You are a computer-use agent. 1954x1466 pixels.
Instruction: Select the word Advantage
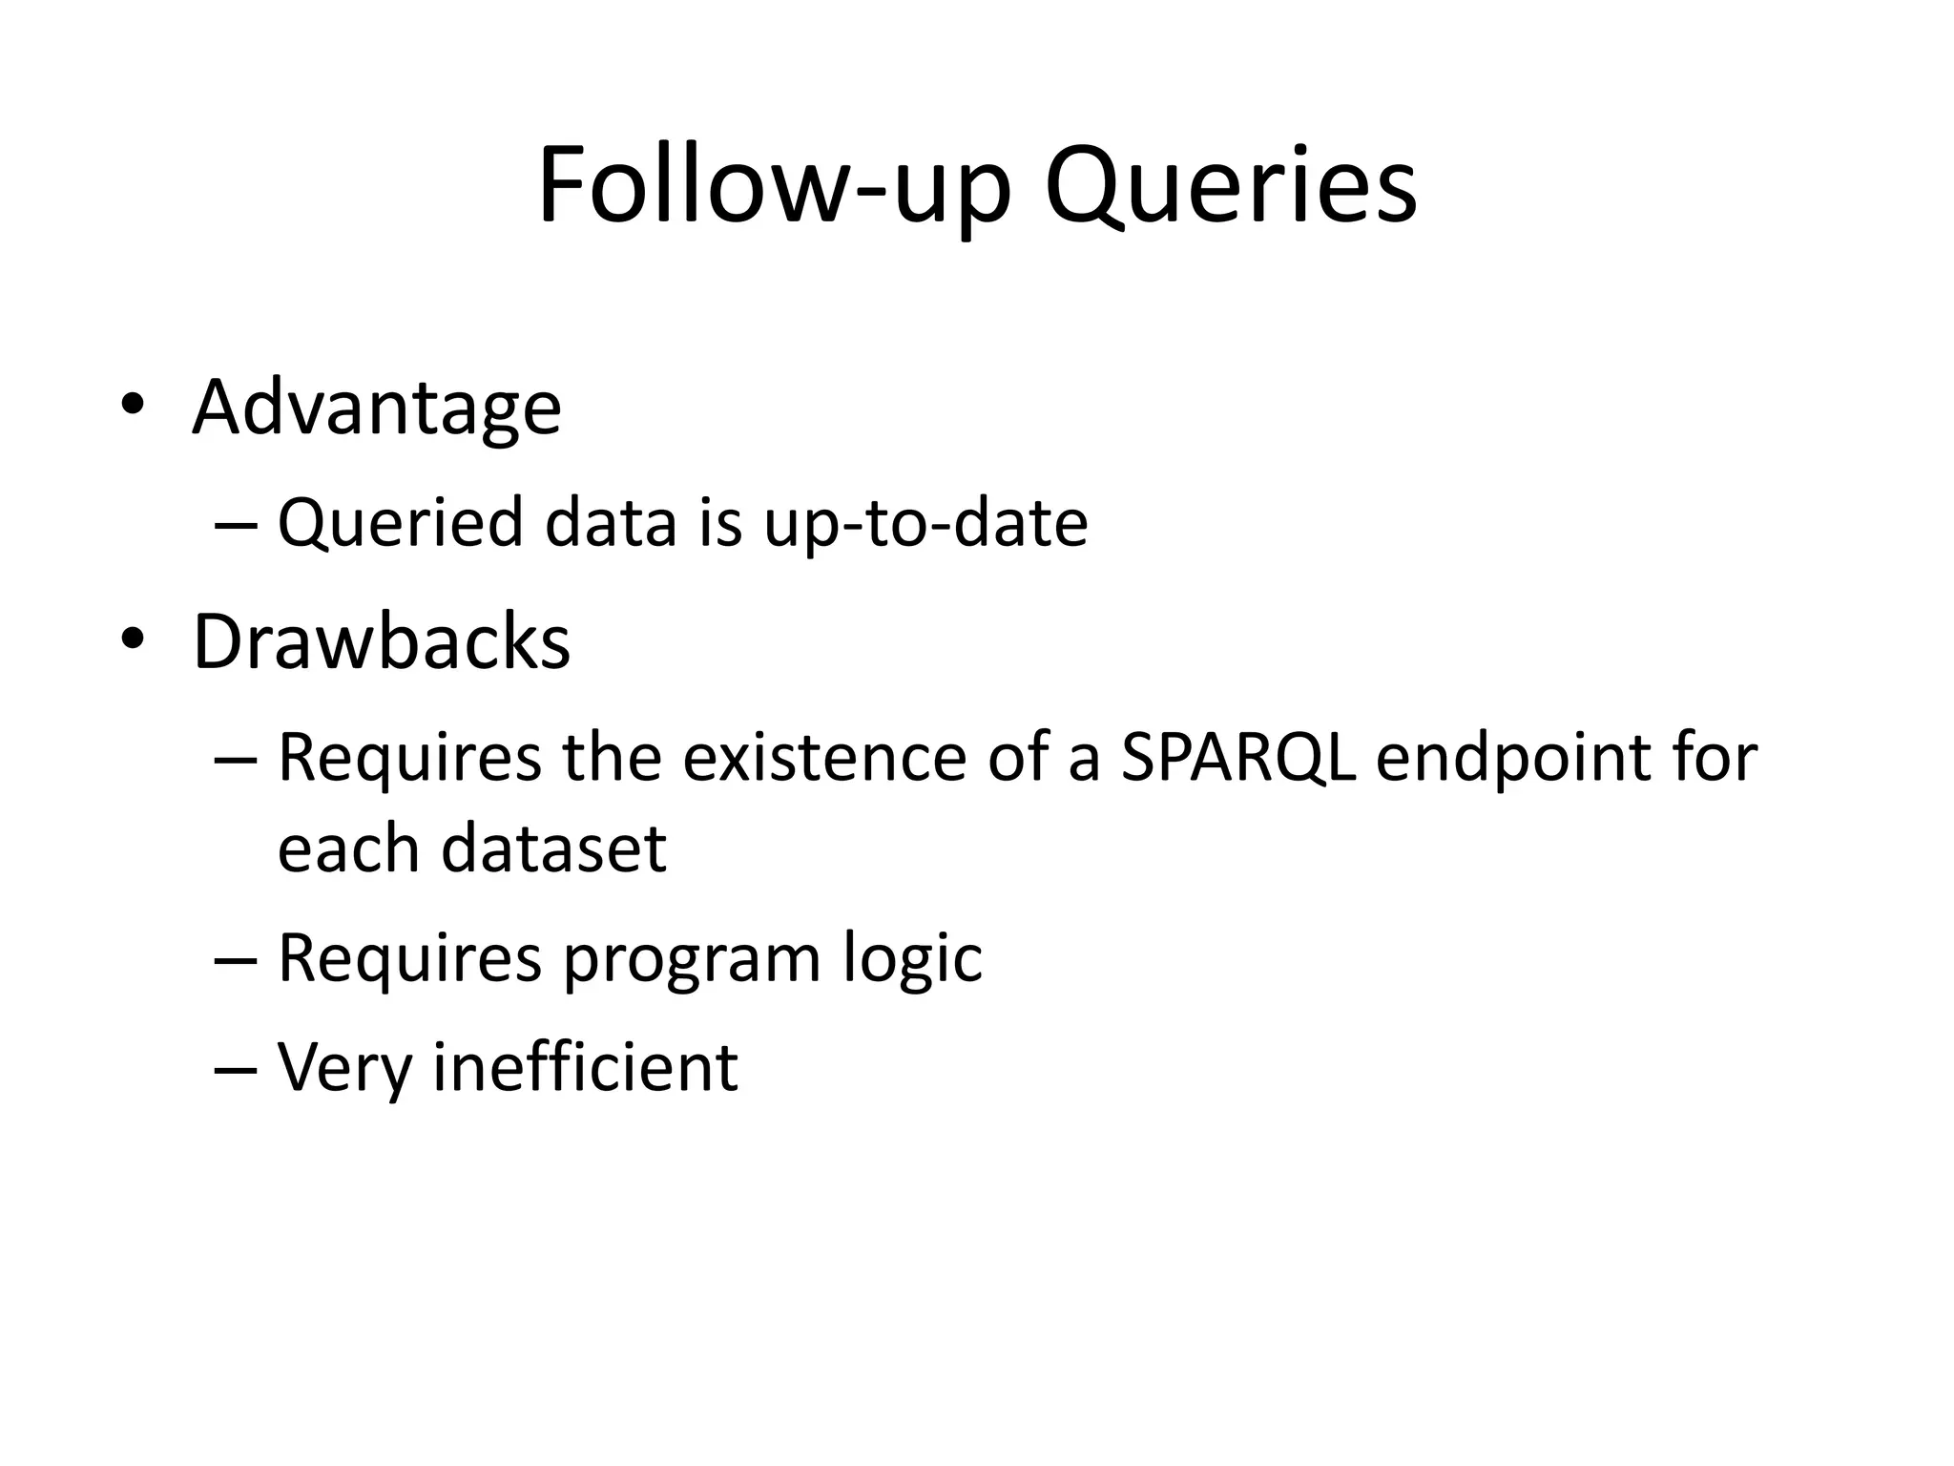[x=377, y=408]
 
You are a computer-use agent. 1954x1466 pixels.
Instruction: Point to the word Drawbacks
[x=382, y=642]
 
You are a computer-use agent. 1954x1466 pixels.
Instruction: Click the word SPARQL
[x=1237, y=759]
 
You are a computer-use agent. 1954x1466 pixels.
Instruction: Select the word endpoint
[x=1511, y=759]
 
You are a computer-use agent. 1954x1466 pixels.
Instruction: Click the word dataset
[x=553, y=848]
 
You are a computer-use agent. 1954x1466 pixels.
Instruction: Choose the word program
[x=692, y=960]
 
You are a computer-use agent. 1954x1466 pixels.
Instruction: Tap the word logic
[x=912, y=958]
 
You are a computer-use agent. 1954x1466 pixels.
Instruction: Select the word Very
[x=343, y=1069]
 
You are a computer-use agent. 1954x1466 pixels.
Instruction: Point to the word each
[x=347, y=848]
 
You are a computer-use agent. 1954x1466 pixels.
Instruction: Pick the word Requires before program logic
[x=409, y=958]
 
